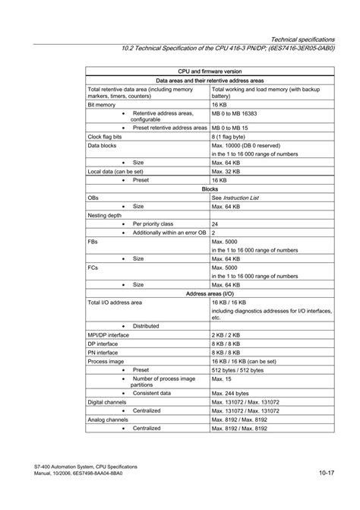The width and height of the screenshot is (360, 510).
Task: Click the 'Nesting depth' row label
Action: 105,215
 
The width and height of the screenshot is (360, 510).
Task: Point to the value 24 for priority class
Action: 215,224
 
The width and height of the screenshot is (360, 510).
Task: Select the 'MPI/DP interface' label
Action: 109,334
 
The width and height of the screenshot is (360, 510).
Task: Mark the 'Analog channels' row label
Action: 106,420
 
